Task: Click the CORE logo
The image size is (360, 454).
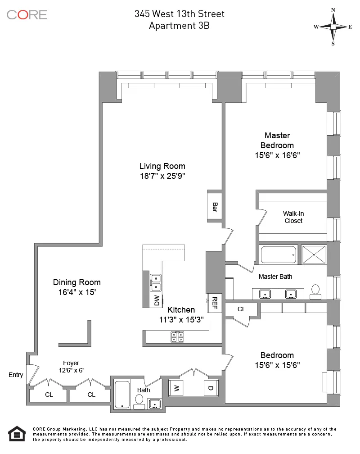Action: (27, 14)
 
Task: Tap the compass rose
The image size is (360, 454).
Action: (333, 27)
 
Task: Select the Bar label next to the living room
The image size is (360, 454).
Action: (215, 207)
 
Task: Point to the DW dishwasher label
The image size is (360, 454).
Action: (157, 300)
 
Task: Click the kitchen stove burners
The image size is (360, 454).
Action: (177, 337)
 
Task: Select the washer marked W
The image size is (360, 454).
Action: (176, 387)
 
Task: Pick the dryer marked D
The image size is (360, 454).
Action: (210, 387)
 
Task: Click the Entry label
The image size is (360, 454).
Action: (15, 375)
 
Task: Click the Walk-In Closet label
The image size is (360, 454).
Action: (293, 217)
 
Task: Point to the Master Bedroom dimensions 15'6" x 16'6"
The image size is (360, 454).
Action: (277, 155)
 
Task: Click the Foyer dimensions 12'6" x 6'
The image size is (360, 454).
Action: (71, 370)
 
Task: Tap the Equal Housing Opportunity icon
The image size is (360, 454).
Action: (17, 433)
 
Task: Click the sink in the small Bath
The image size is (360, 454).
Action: (154, 404)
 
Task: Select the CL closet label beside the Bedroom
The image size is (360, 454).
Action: (241, 309)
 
